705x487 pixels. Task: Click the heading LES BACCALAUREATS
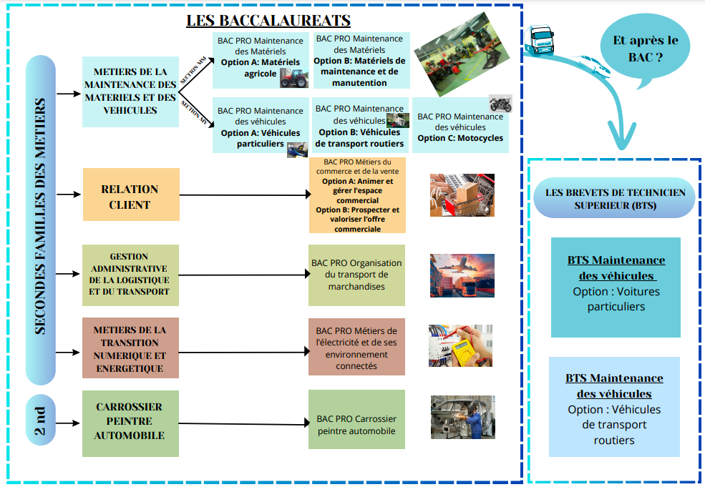pos(268,20)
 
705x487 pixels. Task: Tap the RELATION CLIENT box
pos(130,195)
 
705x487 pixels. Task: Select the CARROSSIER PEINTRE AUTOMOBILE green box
pos(130,423)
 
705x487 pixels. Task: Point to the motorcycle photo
pos(501,104)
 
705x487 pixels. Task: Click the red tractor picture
pos(294,78)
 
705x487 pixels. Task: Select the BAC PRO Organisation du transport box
pos(356,275)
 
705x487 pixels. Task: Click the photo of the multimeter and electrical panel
pos(461,346)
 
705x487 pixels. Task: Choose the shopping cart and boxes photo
pos(462,195)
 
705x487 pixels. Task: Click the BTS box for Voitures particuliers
pos(616,287)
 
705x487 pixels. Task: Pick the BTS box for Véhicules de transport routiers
pos(614,407)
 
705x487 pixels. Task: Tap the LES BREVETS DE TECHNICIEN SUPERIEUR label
pos(615,198)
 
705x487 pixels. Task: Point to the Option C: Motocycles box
pos(460,127)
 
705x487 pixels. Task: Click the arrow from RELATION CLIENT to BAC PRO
pos(243,195)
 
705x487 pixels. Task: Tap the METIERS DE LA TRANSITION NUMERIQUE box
pos(130,349)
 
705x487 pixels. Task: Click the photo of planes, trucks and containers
pos(462,275)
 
